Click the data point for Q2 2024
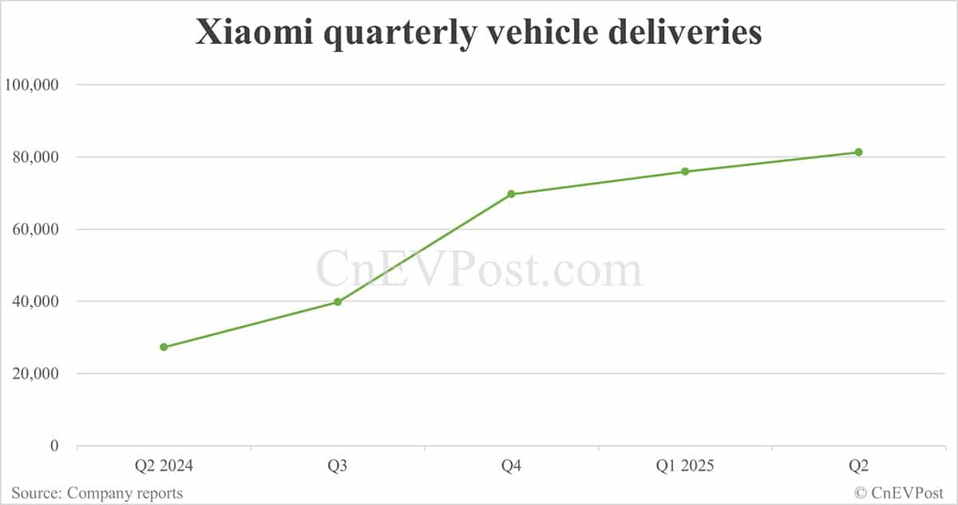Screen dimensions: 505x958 [164, 347]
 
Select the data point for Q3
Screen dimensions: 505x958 [338, 302]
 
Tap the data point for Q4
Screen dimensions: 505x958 [511, 194]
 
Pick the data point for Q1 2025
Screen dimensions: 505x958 [685, 172]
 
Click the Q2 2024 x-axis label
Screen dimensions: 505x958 [164, 466]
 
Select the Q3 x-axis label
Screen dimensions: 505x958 [338, 466]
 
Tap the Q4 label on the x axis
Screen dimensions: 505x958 [511, 466]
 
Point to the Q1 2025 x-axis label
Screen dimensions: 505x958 [685, 466]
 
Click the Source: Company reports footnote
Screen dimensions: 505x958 [97, 493]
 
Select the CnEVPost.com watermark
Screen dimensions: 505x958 [479, 269]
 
